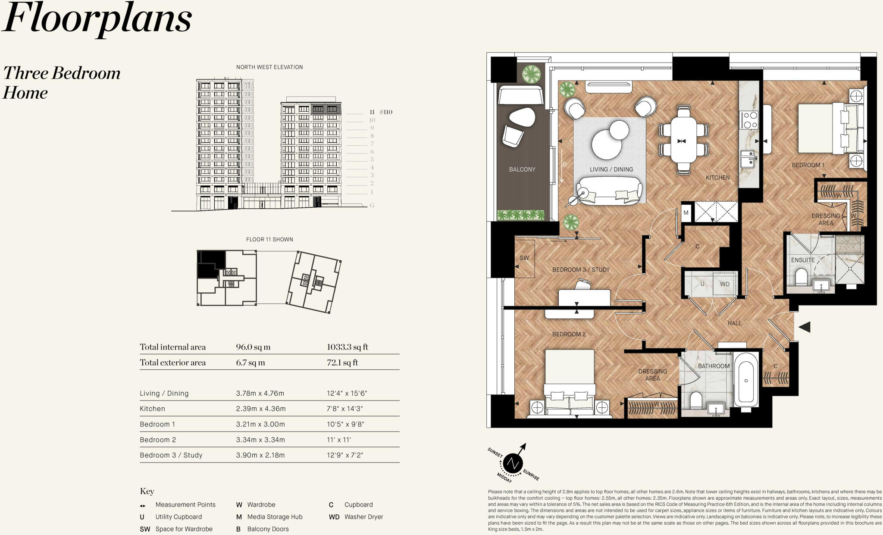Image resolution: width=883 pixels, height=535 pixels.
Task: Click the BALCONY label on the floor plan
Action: (522, 169)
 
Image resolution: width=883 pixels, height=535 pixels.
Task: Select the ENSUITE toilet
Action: (801, 277)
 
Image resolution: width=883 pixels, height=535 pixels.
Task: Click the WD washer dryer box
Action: (724, 284)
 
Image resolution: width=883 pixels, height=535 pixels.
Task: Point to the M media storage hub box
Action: (686, 213)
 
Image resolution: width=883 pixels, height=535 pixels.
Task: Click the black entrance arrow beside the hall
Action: (805, 327)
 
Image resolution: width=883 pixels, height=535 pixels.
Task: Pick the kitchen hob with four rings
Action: (749, 120)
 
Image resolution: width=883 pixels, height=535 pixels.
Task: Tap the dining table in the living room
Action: (683, 141)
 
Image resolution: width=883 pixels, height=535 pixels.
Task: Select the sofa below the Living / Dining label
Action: (609, 191)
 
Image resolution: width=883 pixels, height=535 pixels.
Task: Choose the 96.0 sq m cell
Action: (253, 347)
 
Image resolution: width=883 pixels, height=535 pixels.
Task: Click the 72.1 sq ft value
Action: (342, 363)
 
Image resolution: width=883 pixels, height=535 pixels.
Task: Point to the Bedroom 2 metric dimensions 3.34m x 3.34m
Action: (260, 440)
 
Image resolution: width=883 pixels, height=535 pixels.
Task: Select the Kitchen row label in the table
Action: (152, 409)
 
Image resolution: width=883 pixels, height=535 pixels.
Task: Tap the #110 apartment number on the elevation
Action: (385, 112)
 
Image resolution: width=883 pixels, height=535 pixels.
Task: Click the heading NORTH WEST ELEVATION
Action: (269, 67)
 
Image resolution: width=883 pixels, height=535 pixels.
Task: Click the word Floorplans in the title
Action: (97, 19)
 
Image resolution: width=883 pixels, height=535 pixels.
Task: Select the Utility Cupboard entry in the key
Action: (178, 517)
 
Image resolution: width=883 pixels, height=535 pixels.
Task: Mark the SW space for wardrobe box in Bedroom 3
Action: (524, 258)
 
